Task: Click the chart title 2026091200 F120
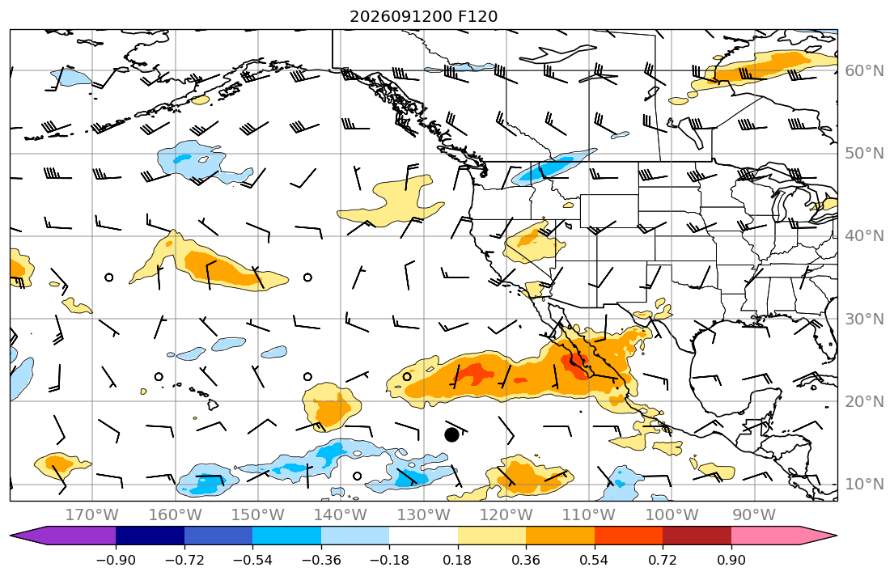click(x=424, y=16)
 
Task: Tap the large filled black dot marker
click(x=451, y=435)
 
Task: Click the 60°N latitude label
click(x=864, y=70)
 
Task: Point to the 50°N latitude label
click(x=864, y=154)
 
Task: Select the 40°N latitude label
click(x=864, y=236)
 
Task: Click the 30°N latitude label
click(x=864, y=319)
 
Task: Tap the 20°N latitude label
click(x=864, y=401)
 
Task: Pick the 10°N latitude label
click(x=864, y=485)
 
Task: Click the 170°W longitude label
click(x=92, y=515)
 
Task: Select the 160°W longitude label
click(x=175, y=515)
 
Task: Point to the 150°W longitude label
click(x=258, y=515)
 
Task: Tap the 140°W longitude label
click(x=341, y=515)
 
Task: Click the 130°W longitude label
click(x=424, y=515)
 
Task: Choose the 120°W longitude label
click(x=506, y=515)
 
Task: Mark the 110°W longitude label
click(x=589, y=515)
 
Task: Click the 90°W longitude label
click(x=754, y=515)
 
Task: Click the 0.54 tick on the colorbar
click(x=594, y=560)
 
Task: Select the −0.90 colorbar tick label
click(x=116, y=560)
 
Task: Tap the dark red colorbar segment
click(x=697, y=536)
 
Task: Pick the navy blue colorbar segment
click(x=150, y=536)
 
